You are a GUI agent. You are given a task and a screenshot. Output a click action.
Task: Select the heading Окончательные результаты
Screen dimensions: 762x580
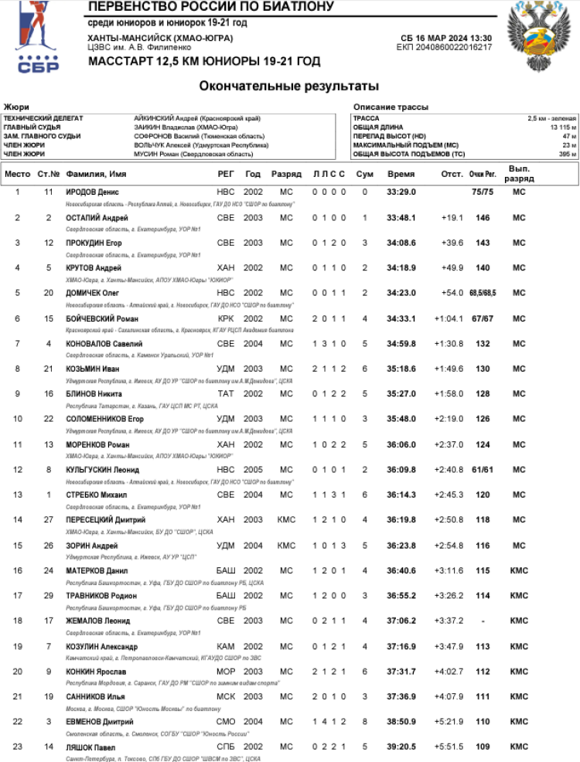tap(288, 86)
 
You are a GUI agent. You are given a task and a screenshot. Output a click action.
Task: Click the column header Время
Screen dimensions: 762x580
tap(401, 175)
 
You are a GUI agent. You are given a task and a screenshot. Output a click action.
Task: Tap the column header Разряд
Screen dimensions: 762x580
tap(286, 175)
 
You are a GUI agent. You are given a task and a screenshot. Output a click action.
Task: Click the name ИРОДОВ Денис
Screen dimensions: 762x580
tap(91, 192)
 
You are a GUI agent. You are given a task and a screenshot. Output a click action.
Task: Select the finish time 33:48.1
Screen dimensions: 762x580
tap(401, 218)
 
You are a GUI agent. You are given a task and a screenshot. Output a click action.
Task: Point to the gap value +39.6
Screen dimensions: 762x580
tap(452, 243)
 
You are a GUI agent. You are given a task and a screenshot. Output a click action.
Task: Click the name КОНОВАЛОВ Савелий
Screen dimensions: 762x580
tap(104, 344)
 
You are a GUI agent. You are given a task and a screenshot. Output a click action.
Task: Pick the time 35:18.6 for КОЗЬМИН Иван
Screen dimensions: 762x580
tap(401, 369)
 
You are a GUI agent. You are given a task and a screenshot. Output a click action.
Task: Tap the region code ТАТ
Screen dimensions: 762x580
tap(224, 394)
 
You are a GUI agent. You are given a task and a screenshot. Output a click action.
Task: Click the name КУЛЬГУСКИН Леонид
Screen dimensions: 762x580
tap(102, 470)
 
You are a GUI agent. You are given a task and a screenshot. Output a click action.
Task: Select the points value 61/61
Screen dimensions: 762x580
tap(483, 470)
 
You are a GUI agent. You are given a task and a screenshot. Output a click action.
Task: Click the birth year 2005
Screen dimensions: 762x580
tap(253, 470)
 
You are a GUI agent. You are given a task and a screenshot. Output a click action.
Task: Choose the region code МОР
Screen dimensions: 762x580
tap(225, 672)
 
